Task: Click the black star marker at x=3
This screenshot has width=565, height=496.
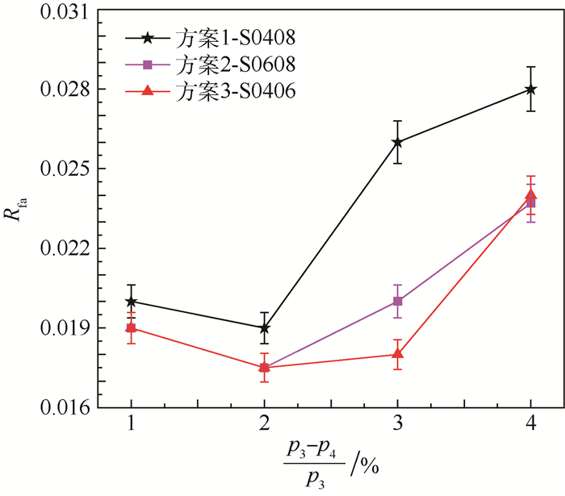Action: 397,142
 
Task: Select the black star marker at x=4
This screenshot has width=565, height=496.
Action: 530,89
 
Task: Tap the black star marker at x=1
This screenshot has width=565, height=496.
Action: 131,302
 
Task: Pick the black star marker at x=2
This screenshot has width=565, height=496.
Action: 264,328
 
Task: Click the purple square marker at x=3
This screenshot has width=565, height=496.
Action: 397,302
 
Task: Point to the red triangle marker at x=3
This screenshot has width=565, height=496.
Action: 397,354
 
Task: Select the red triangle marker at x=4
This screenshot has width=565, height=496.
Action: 530,194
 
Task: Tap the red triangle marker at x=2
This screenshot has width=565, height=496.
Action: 264,367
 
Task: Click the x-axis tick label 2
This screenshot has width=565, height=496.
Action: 264,424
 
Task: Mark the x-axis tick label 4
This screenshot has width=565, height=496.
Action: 530,424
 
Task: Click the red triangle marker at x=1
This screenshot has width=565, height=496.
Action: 131,327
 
